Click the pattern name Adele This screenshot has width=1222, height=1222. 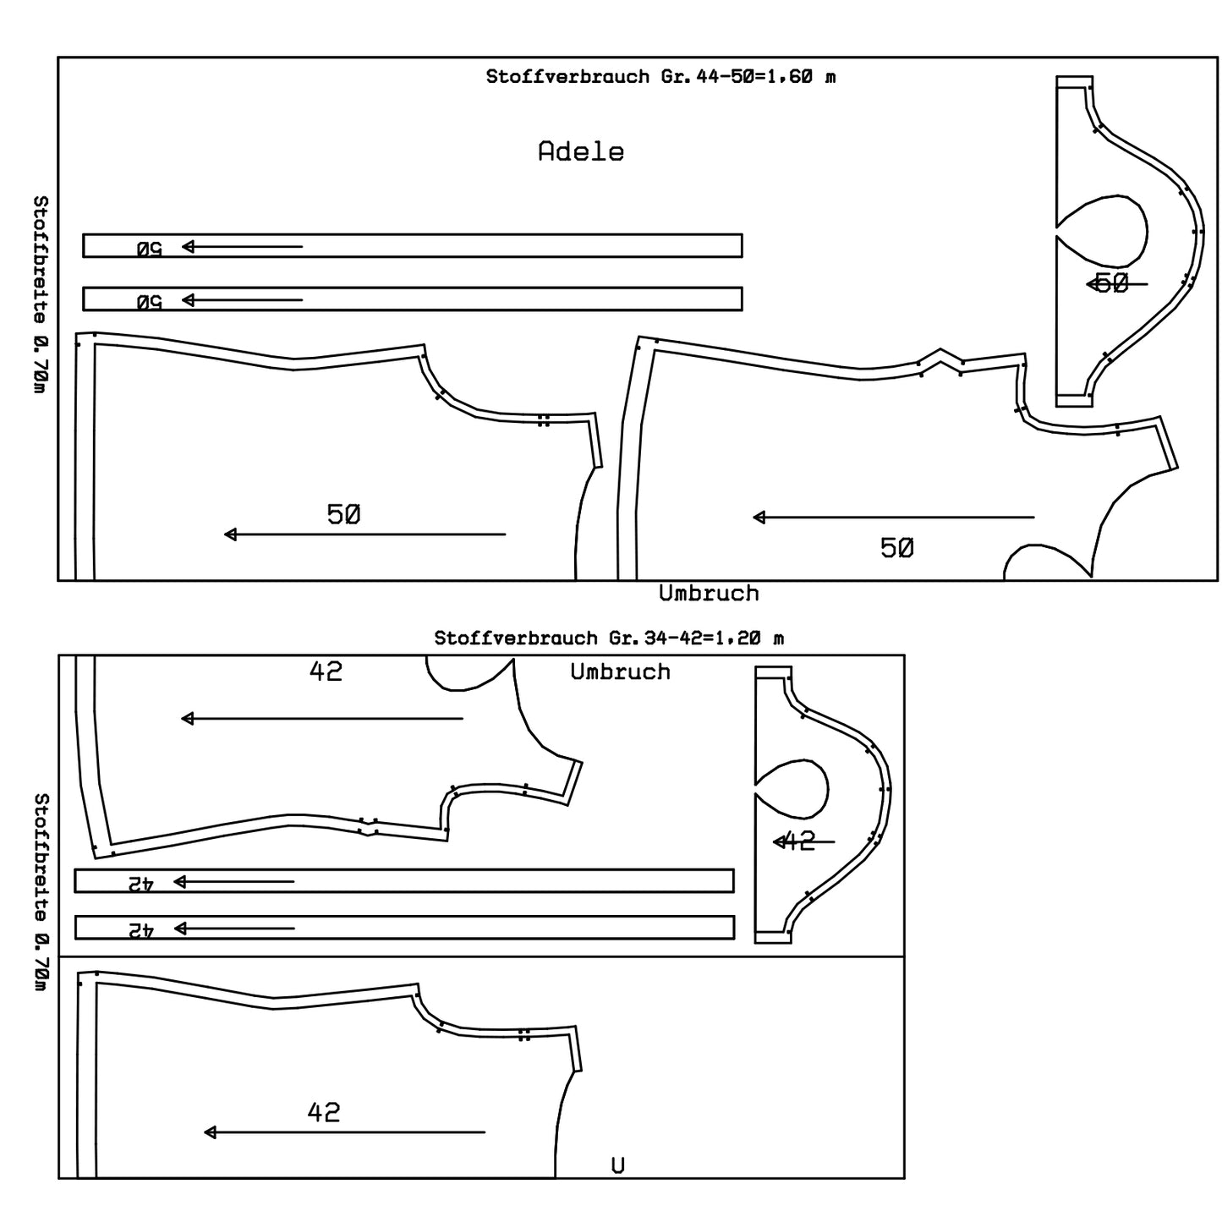coord(581,152)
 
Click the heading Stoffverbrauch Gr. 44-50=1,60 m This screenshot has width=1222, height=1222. coord(660,77)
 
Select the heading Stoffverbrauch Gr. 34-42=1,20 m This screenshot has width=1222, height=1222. coord(609,638)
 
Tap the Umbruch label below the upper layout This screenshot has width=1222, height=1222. coord(709,594)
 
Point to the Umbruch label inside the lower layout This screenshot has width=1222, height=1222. coord(620,672)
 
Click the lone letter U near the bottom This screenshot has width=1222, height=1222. coord(618,1166)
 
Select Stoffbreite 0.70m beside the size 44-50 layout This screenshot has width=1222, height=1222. coord(40,294)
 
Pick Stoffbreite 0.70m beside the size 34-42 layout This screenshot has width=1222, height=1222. coord(40,891)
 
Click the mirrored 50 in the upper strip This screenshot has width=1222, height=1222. coord(149,249)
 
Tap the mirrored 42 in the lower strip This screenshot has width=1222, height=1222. coord(140,929)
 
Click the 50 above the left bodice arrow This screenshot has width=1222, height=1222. coord(343,514)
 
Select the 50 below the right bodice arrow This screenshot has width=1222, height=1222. coord(896,549)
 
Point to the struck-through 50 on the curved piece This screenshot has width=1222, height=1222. coord(1111,283)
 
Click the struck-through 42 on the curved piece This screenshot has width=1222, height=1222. coord(797,841)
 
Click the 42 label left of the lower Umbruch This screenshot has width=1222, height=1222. coord(326,671)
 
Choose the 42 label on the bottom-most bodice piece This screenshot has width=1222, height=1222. coord(324,1112)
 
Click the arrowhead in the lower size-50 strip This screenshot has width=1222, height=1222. coord(189,299)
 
